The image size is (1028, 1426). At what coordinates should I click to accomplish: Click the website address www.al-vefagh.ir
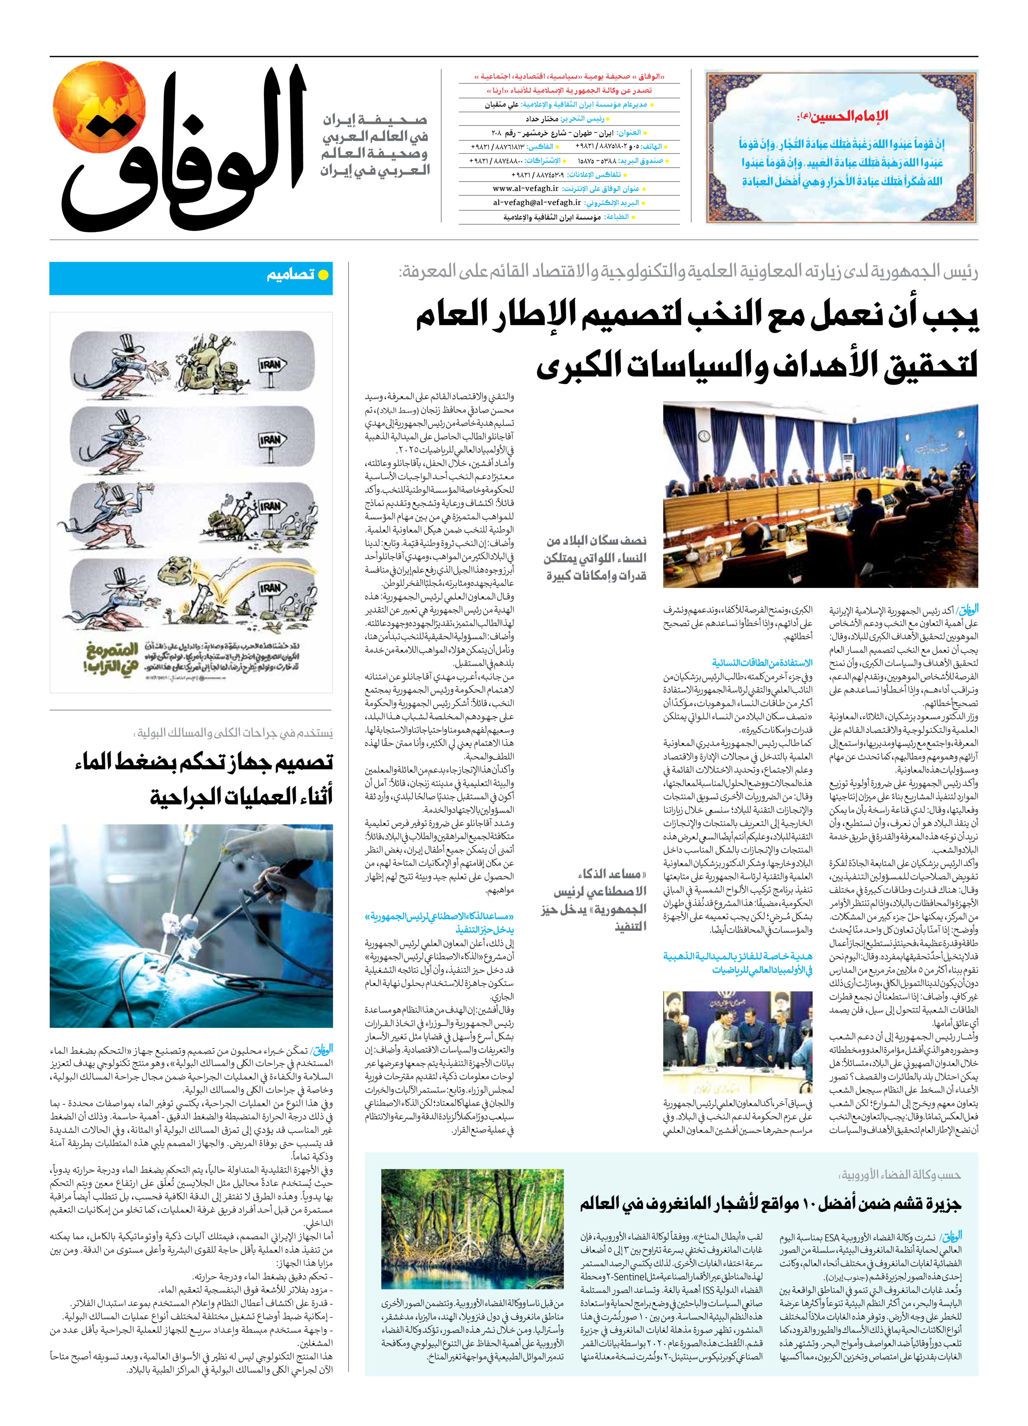[525, 189]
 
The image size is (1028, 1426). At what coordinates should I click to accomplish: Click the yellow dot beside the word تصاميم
[323, 275]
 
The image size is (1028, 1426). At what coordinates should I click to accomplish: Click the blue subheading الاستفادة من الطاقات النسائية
[762, 663]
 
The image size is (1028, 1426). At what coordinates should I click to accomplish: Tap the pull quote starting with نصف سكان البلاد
[595, 558]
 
